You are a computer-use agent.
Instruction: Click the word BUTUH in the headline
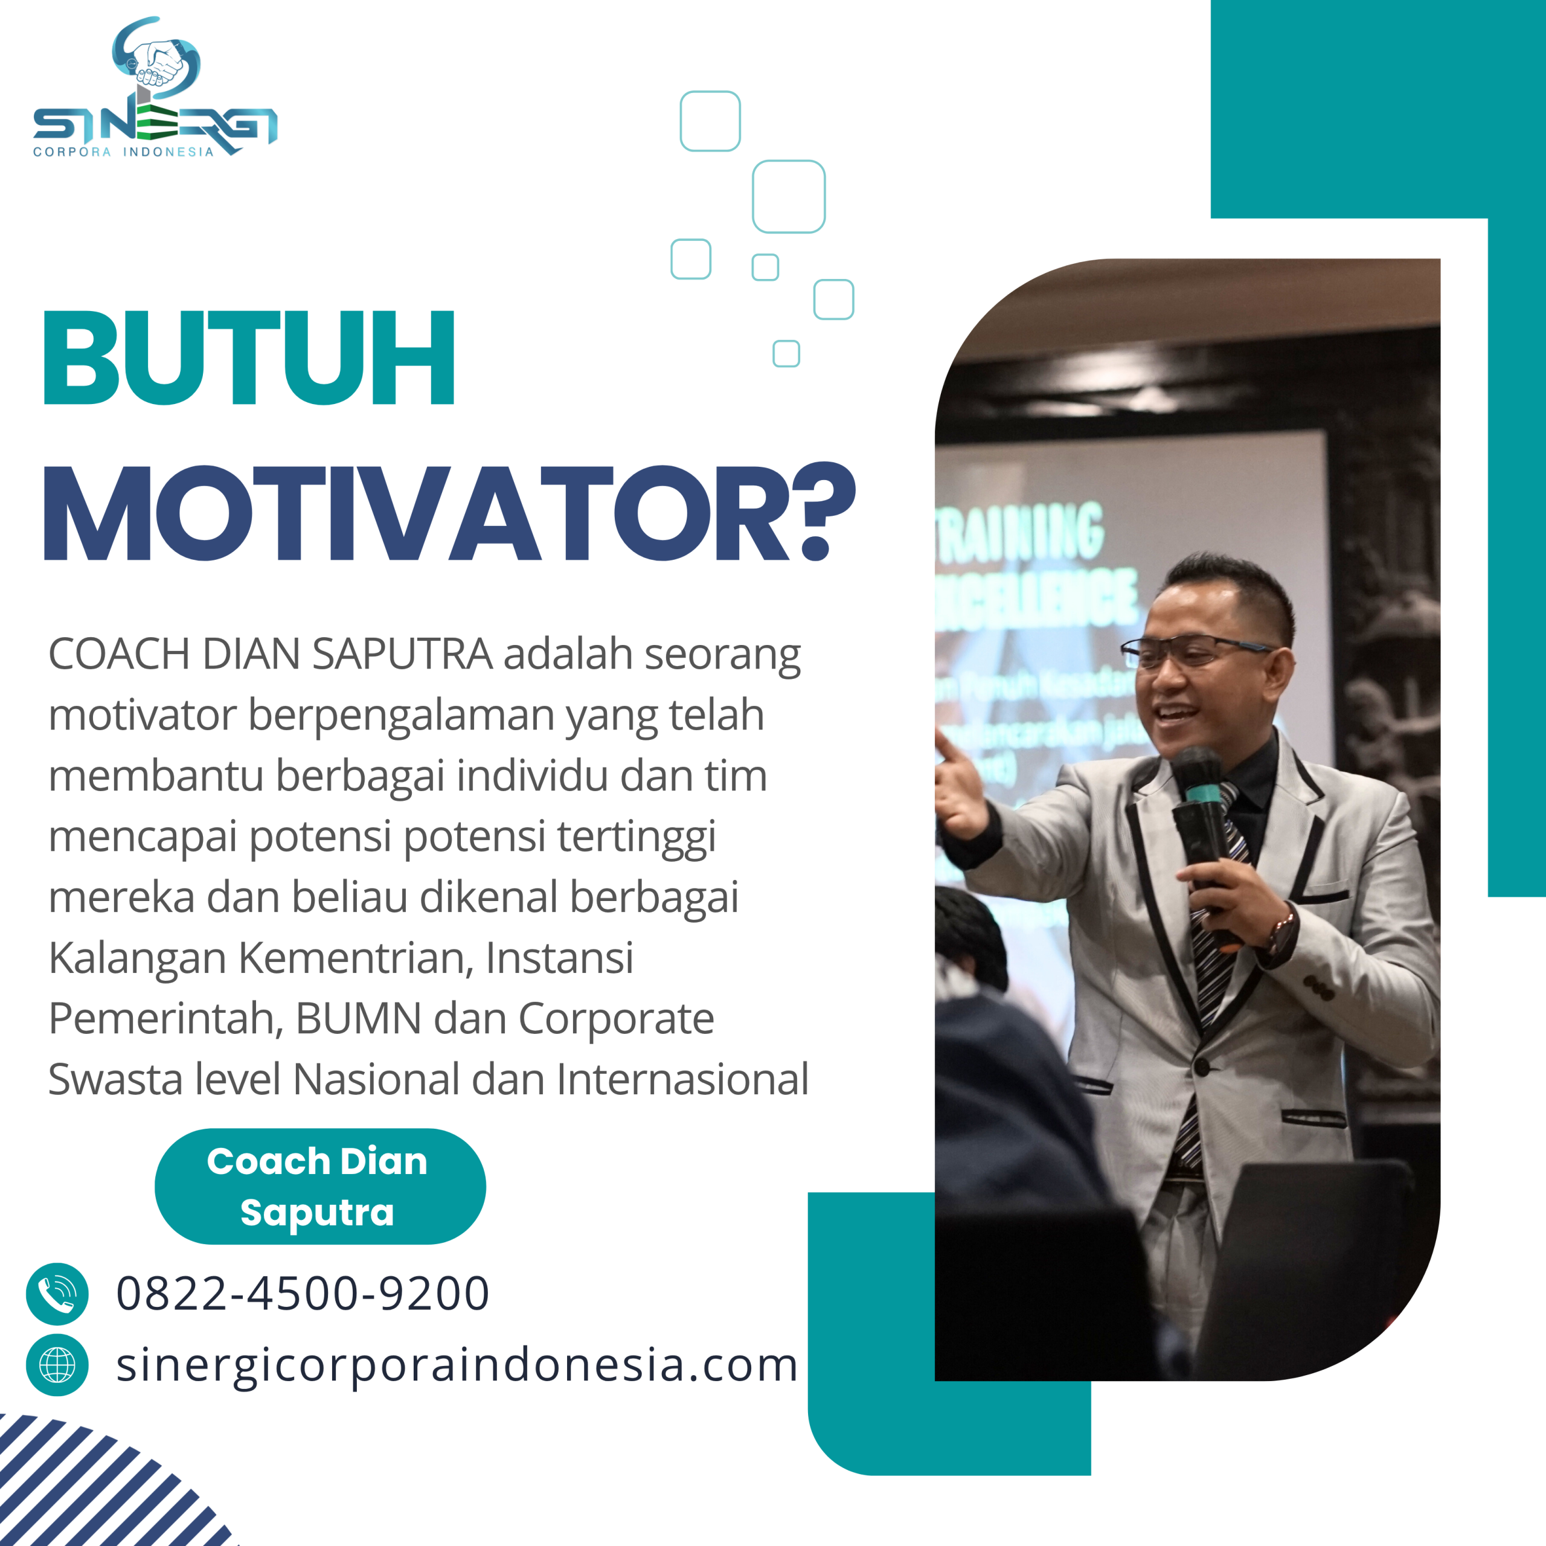tap(249, 358)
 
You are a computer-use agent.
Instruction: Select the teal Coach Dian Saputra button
tap(319, 1186)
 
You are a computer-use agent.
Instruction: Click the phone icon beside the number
tap(57, 1294)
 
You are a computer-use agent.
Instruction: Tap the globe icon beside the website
tap(57, 1365)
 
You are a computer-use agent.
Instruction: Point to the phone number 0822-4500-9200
tap(303, 1294)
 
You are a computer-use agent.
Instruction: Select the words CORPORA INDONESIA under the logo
tap(123, 152)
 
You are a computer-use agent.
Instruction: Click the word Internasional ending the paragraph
tap(682, 1079)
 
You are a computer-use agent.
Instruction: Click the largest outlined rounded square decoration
tap(788, 196)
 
